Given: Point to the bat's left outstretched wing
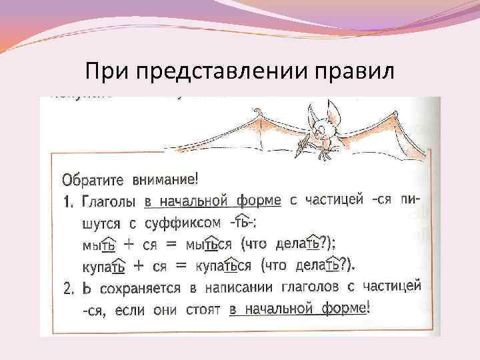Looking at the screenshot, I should coord(220,133).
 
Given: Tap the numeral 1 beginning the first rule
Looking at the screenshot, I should coord(67,201).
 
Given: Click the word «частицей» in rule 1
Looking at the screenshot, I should coord(337,200).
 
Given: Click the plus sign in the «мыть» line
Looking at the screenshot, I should coord(122,243).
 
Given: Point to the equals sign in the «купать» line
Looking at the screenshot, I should coord(178,265).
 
